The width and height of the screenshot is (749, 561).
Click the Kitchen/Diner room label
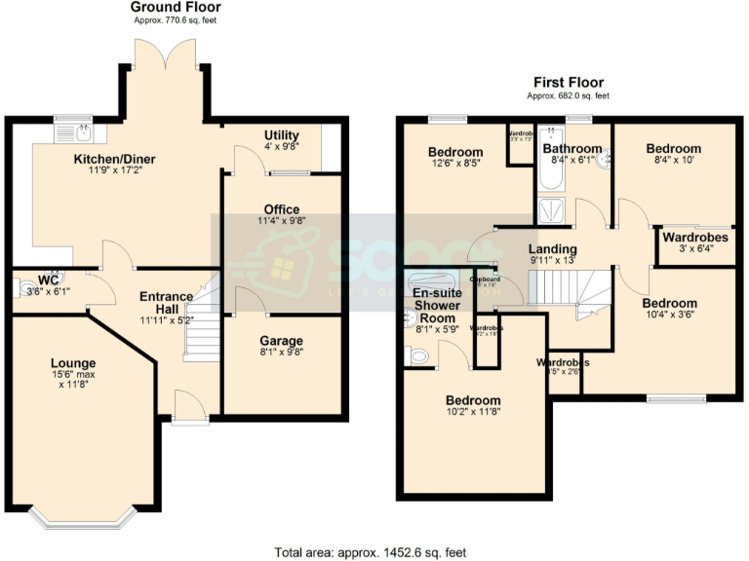click(115, 160)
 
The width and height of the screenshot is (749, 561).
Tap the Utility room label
click(282, 135)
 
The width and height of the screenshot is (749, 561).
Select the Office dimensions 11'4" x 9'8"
click(281, 221)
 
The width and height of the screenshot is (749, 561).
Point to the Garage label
click(281, 342)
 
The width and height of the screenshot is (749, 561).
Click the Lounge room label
click(74, 363)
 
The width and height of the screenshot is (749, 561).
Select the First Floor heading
click(568, 83)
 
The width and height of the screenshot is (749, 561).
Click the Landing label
click(553, 249)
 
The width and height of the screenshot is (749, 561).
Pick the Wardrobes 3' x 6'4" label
click(695, 238)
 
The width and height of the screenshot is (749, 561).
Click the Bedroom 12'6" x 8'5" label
click(455, 153)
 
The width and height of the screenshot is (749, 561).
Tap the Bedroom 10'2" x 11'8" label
click(473, 401)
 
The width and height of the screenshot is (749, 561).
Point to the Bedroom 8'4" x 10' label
click(674, 149)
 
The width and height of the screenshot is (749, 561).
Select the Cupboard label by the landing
click(485, 280)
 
